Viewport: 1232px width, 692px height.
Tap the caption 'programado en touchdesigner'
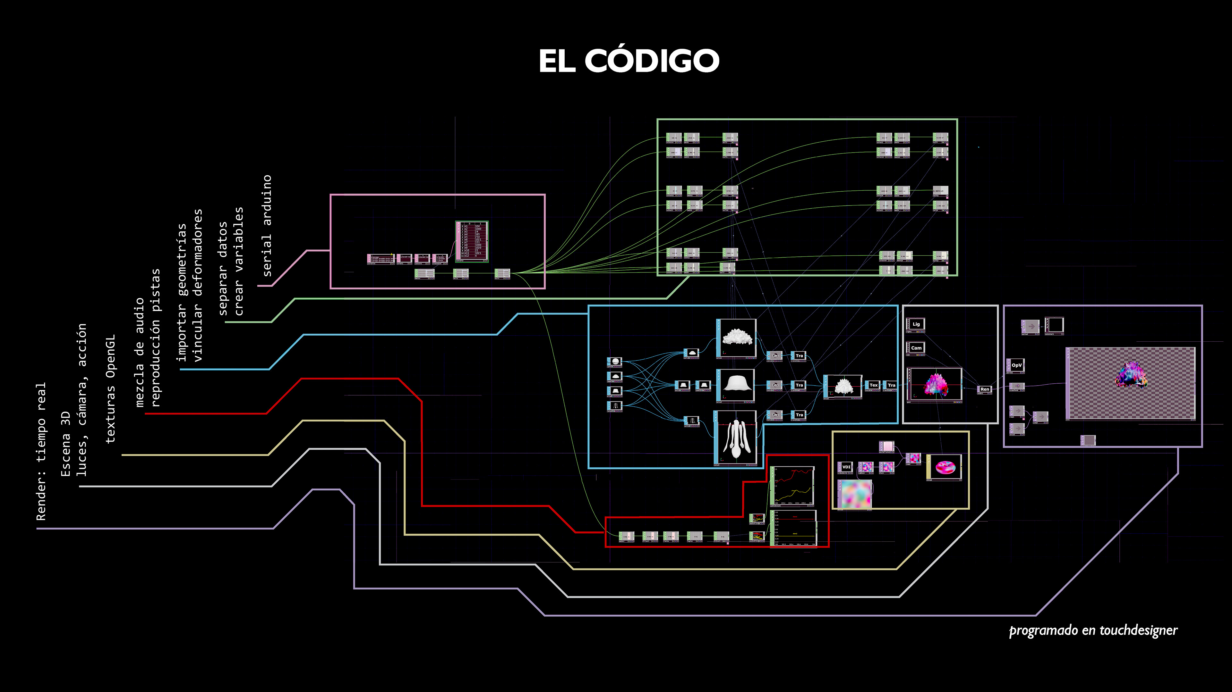[x=1093, y=630]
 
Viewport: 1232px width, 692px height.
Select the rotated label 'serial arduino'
[x=267, y=226]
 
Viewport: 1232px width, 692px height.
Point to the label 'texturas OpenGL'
[x=110, y=388]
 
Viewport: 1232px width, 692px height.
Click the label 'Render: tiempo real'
[x=41, y=451]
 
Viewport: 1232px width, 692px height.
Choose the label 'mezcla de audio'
[x=139, y=352]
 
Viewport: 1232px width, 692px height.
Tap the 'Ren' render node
[x=984, y=389]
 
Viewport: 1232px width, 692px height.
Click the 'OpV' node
[x=1016, y=365]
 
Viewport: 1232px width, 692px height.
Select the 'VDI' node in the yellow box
[x=846, y=467]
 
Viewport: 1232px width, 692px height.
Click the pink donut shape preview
[x=945, y=467]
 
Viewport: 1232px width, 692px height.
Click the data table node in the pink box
[x=472, y=241]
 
